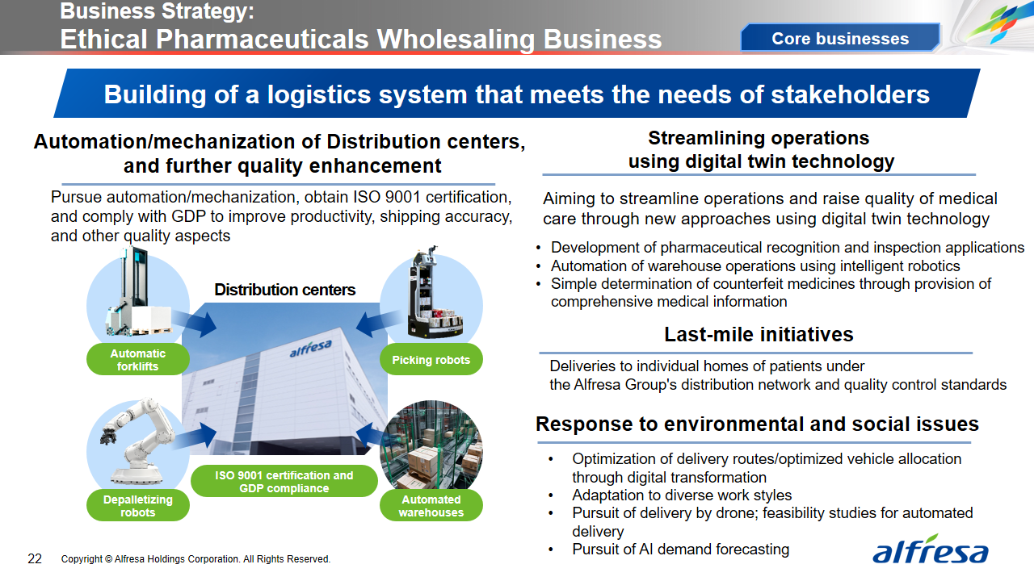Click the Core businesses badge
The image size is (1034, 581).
tap(840, 38)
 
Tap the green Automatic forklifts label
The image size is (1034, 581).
tap(137, 360)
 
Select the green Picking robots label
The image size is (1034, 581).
tap(431, 360)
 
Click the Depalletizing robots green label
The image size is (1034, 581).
tap(137, 505)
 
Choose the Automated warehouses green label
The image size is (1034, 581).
tap(431, 505)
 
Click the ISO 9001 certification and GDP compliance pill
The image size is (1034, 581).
tap(284, 482)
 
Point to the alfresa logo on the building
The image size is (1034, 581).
tap(311, 348)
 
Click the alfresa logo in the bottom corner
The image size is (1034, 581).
tap(930, 550)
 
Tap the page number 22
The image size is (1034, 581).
tap(35, 559)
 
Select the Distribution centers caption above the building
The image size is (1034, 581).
tap(285, 290)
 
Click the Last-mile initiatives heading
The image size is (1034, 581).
tap(759, 334)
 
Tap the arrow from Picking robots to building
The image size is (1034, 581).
tap(379, 322)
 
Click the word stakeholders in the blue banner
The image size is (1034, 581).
tap(851, 94)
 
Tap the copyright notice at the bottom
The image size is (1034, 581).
tap(195, 559)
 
